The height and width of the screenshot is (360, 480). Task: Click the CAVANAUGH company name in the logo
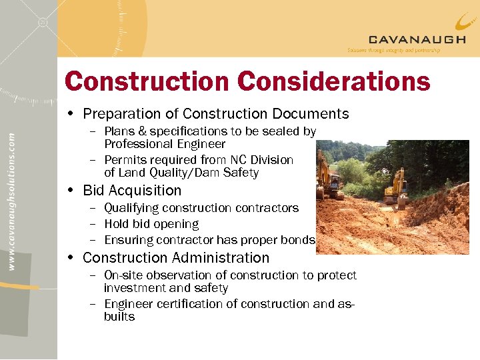pos(417,39)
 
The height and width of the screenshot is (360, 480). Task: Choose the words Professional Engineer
pos(165,144)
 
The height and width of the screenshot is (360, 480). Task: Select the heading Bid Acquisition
pos(132,191)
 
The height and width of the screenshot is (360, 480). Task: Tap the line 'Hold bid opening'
pos(151,224)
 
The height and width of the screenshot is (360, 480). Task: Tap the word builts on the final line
pos(119,317)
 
